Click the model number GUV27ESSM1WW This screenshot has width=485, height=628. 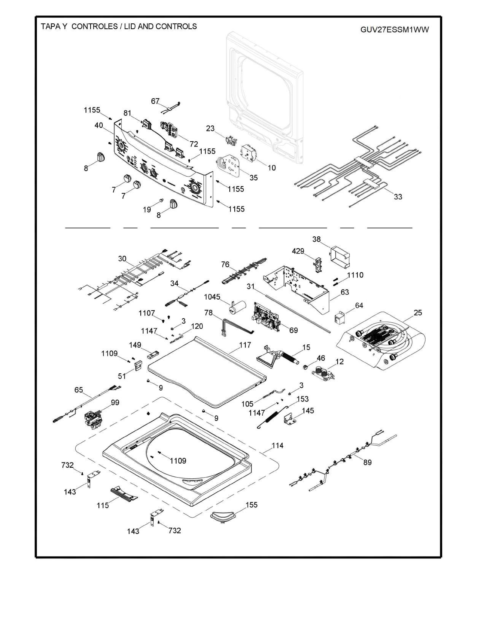click(394, 30)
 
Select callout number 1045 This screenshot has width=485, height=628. click(212, 297)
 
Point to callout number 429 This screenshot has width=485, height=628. click(298, 251)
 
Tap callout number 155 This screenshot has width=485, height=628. click(251, 505)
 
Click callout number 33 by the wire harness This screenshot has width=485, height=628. click(398, 197)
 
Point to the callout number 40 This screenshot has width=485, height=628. click(99, 125)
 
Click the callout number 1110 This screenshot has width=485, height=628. click(355, 275)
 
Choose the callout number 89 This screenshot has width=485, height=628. click(367, 462)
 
